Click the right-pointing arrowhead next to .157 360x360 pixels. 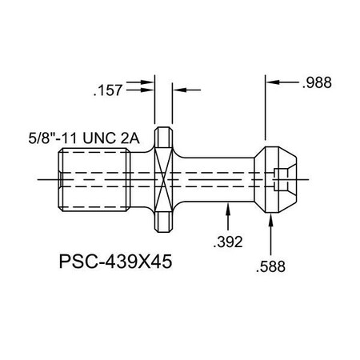[x=150, y=83]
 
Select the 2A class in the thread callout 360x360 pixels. [x=130, y=138]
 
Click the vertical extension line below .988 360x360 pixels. [x=266, y=112]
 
